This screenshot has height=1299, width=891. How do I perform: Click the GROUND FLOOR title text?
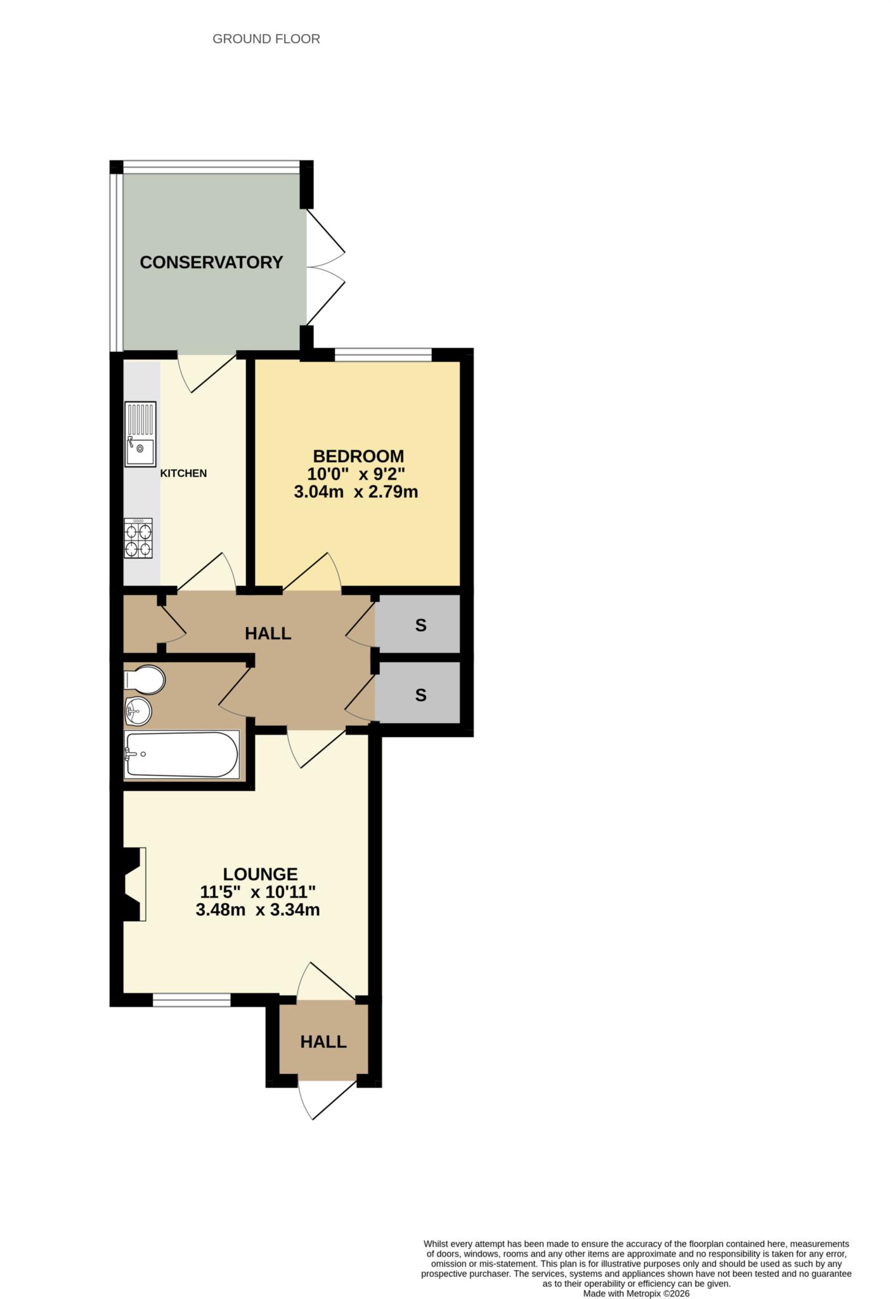coord(266,39)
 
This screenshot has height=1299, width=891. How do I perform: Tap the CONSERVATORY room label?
coord(211,262)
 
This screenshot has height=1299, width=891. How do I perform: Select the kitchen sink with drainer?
coord(140,434)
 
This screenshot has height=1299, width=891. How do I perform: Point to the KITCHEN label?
coord(183,473)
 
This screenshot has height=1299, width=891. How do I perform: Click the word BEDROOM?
coord(358,456)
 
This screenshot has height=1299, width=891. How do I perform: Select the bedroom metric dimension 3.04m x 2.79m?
coord(356,492)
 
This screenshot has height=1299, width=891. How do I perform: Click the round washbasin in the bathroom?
coord(138,711)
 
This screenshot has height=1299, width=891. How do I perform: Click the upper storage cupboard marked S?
coord(420,625)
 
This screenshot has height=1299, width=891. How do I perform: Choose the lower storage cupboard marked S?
coord(420,695)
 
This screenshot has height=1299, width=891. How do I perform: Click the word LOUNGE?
coord(260,874)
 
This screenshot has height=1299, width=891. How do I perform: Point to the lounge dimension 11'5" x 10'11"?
coord(258,892)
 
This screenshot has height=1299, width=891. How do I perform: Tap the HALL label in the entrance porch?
coord(323,1041)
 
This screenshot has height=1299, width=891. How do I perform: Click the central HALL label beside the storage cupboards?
coord(268,633)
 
